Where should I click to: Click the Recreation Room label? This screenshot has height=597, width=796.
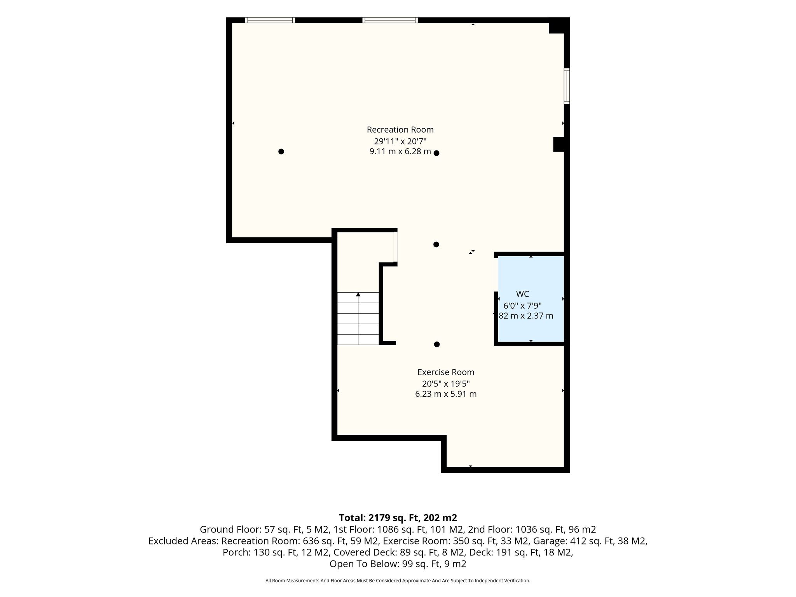pos(400,129)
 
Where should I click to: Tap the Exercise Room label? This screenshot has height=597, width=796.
pos(446,372)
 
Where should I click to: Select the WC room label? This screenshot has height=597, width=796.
pos(522,294)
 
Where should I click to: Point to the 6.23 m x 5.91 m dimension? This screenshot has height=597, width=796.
pos(446,394)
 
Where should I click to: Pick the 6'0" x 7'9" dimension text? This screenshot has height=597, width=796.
pos(522,305)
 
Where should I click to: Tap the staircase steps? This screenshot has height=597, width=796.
pos(358,318)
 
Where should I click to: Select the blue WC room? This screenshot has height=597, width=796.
pos(531,298)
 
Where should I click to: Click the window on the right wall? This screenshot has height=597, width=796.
pos(567,86)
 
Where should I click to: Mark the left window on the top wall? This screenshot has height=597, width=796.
pos(270,20)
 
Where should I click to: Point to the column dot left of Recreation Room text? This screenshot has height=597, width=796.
pos(281,152)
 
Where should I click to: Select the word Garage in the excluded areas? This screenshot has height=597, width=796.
pos(547,541)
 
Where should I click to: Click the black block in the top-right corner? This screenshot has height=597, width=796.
pos(559,26)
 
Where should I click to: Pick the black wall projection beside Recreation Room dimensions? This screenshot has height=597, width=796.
pos(559,144)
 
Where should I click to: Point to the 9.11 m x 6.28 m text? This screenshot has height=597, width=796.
pos(400,152)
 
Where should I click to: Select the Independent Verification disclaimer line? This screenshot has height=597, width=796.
pos(398,581)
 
